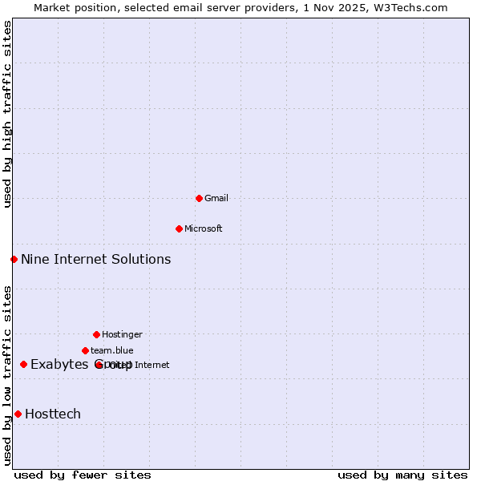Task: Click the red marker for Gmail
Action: pyautogui.click(x=199, y=198)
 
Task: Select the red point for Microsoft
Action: pyautogui.click(x=179, y=228)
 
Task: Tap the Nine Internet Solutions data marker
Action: pyautogui.click(x=14, y=259)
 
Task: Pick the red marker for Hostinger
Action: pyautogui.click(x=96, y=334)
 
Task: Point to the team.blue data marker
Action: pyautogui.click(x=85, y=350)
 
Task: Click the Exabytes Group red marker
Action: pyautogui.click(x=23, y=365)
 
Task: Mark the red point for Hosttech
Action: pyautogui.click(x=18, y=414)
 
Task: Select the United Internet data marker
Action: pyautogui.click(x=99, y=365)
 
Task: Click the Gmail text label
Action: pyautogui.click(x=216, y=198)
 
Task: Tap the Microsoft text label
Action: pyautogui.click(x=204, y=228)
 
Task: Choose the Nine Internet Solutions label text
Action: pyautogui.click(x=95, y=259)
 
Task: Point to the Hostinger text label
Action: pyautogui.click(x=122, y=334)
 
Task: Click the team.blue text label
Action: pyautogui.click(x=112, y=350)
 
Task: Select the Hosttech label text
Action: pyautogui.click(x=53, y=414)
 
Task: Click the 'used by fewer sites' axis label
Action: pyautogui.click(x=83, y=475)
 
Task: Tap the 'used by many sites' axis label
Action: pyautogui.click(x=402, y=475)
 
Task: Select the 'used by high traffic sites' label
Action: pyautogui.click(x=7, y=114)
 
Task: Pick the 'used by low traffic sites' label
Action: pyautogui.click(x=7, y=375)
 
